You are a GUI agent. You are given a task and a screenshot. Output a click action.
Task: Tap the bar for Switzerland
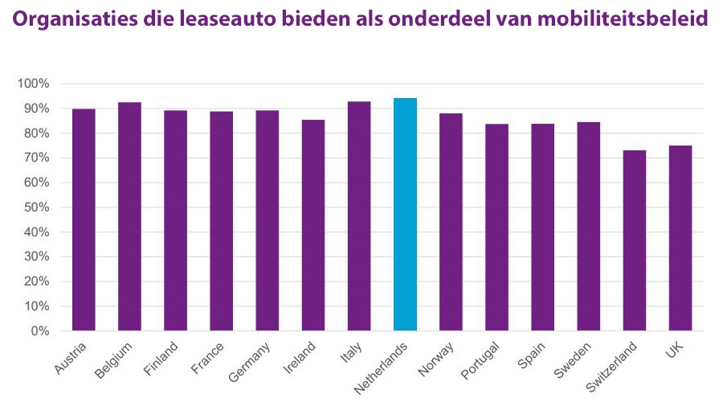coord(635,240)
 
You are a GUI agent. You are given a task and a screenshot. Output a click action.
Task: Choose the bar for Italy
coord(359,216)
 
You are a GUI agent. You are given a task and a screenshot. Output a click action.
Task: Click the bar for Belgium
coord(129,216)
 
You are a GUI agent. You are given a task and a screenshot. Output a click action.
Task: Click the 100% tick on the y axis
coord(34,84)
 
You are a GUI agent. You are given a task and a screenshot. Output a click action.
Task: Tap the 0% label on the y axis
coord(40,331)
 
